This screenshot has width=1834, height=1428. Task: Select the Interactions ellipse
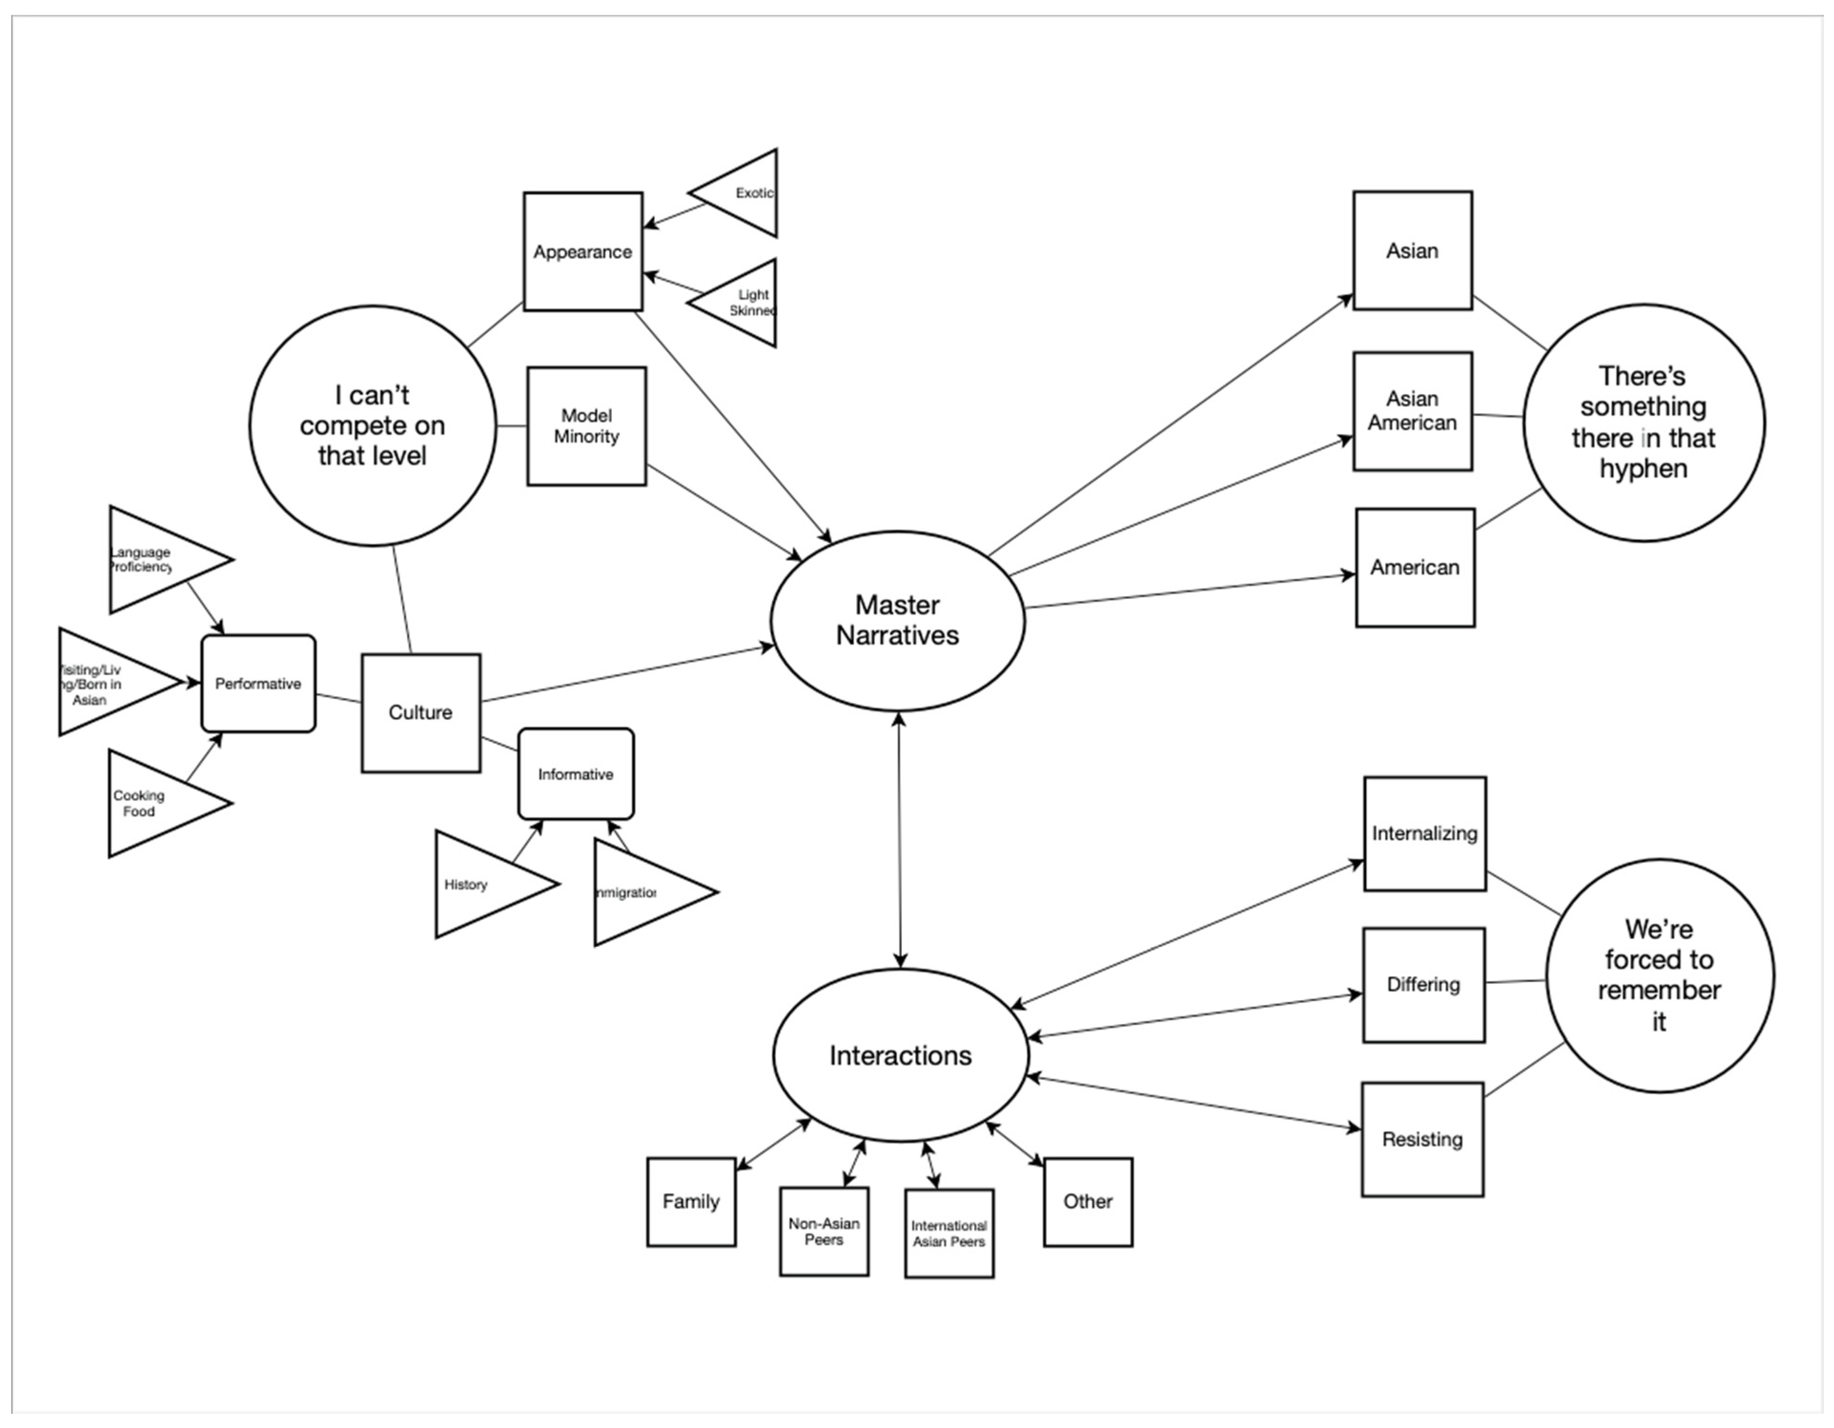tap(900, 1055)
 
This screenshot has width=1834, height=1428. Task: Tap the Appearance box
tap(583, 252)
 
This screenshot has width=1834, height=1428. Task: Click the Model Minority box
tap(586, 426)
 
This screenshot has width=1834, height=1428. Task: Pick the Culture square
tap(421, 713)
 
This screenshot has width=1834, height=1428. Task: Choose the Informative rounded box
tap(575, 774)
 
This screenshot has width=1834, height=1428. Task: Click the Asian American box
tap(1412, 411)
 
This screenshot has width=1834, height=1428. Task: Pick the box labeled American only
tap(1414, 567)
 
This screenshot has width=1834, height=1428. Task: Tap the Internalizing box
tap(1424, 834)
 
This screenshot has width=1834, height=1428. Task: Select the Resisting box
tap(1422, 1139)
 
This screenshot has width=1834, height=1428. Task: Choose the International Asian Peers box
tap(949, 1233)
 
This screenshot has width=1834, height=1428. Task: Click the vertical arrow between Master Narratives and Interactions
tap(899, 840)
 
